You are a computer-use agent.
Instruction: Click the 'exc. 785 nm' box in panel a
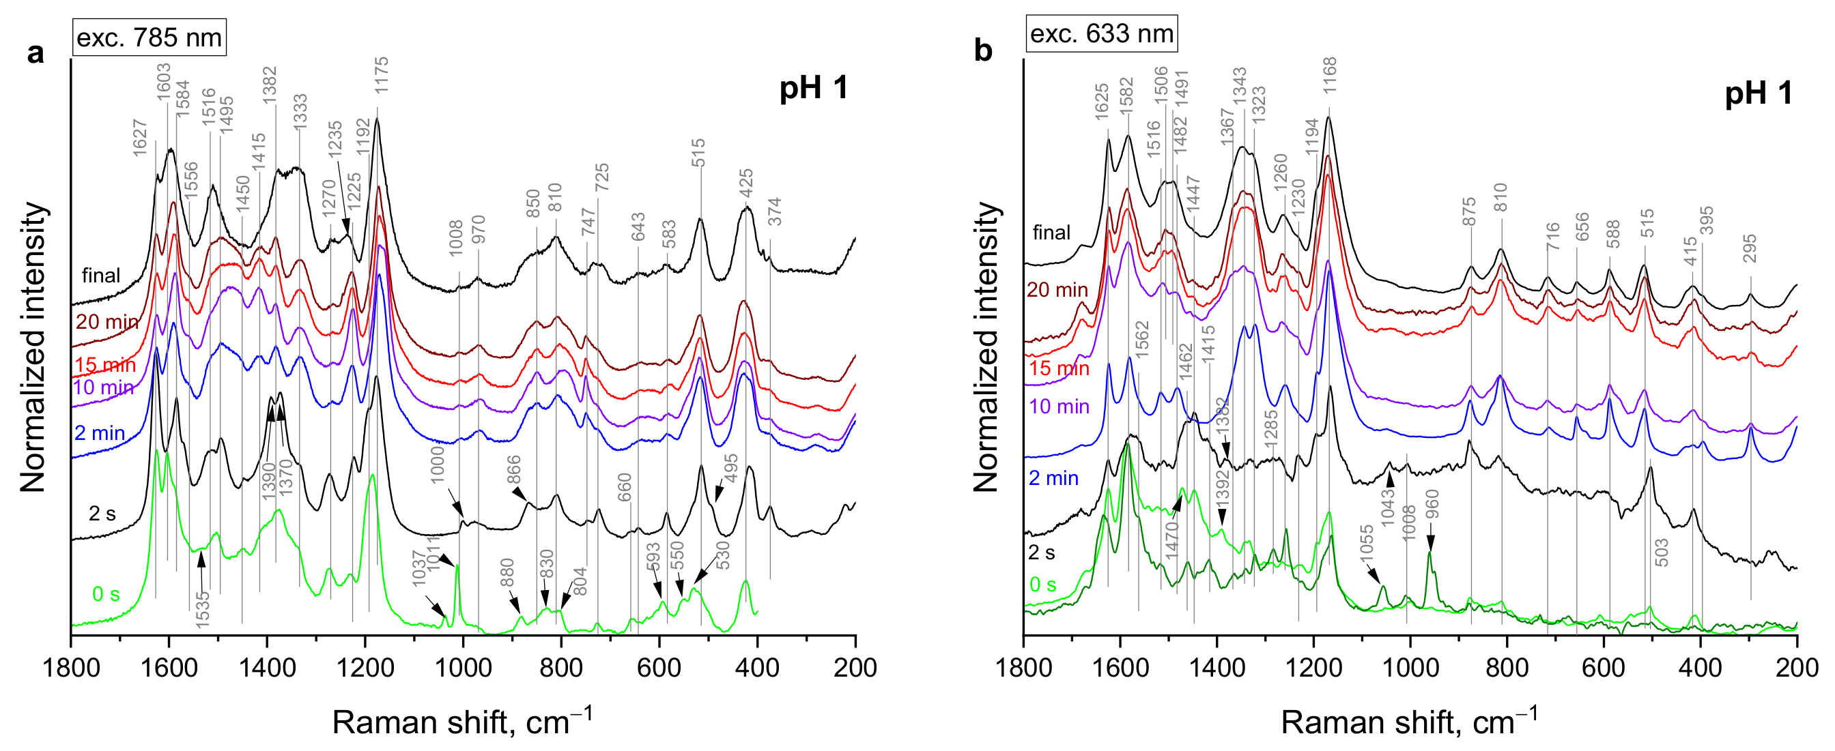click(x=149, y=38)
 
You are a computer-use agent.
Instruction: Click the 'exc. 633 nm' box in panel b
click(x=1101, y=33)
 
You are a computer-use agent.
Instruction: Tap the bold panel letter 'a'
click(x=35, y=53)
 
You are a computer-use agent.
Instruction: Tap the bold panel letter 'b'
click(x=983, y=51)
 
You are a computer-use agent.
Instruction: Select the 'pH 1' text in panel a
click(x=814, y=88)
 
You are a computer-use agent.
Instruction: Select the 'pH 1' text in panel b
click(x=1758, y=94)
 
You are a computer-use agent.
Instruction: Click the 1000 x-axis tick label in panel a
click(x=464, y=668)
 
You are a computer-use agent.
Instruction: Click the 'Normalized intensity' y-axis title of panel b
click(x=986, y=347)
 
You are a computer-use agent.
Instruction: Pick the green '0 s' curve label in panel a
click(x=106, y=593)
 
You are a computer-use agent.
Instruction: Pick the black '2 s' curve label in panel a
click(x=102, y=513)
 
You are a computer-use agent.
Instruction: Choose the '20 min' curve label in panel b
click(x=1057, y=290)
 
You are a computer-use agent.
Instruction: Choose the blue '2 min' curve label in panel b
click(x=1053, y=477)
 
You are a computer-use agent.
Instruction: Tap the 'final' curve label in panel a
click(x=100, y=276)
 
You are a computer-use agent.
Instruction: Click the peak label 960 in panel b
click(x=1431, y=504)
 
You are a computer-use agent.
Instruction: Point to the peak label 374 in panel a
click(x=775, y=211)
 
